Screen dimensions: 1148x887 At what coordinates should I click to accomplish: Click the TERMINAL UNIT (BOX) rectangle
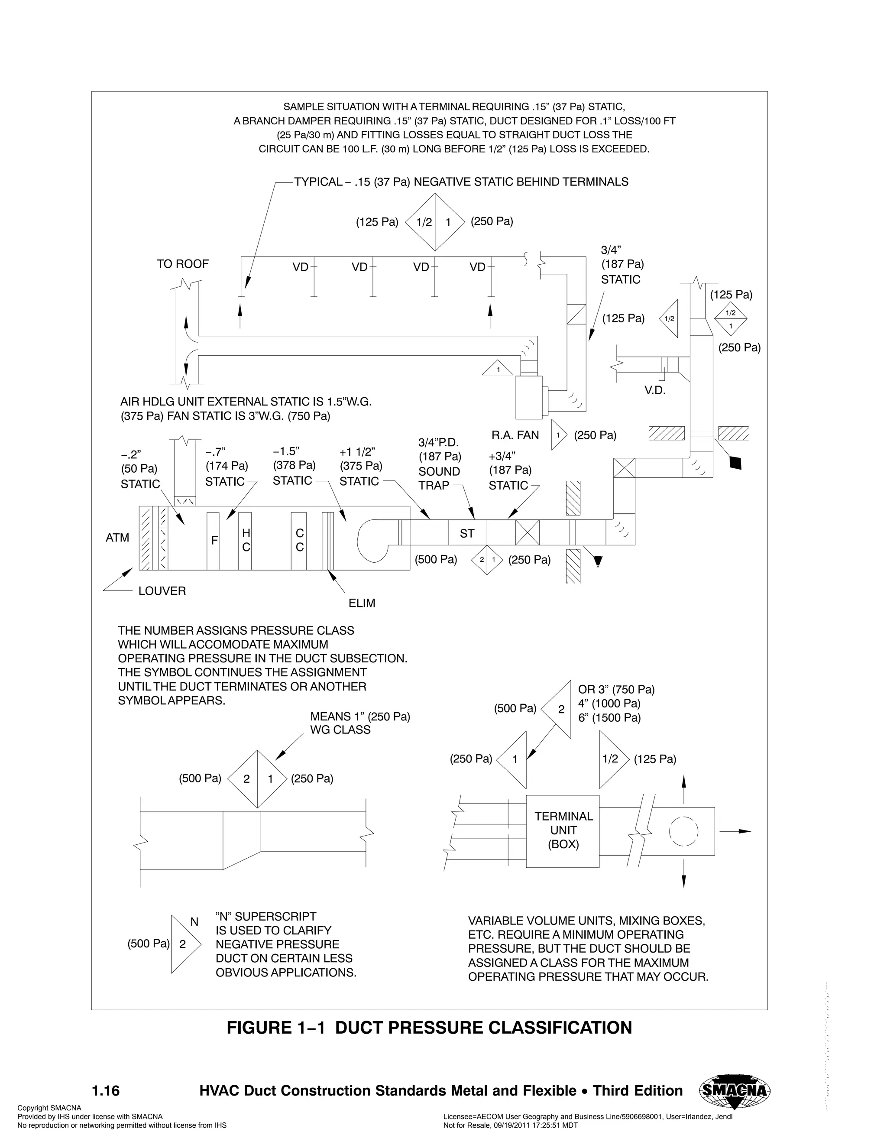[x=563, y=830]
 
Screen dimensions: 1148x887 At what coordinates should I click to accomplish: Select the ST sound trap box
[x=467, y=534]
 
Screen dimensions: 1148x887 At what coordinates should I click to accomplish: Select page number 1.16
[x=106, y=1091]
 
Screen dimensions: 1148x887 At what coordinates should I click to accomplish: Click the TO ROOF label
[x=182, y=264]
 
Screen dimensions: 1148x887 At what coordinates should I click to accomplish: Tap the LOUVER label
[x=162, y=591]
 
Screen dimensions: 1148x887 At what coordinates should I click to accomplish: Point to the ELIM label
[x=362, y=603]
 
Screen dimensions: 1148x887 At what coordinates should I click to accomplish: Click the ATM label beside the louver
[x=117, y=538]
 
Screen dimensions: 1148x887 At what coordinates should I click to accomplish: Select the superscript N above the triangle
[x=194, y=922]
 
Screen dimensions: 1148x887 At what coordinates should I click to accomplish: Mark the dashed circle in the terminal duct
[x=683, y=832]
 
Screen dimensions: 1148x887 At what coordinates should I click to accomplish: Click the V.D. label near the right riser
[x=655, y=391]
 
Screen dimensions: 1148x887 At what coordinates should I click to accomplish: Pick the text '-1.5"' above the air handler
[x=286, y=451]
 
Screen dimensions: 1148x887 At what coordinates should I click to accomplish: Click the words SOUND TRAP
[x=439, y=478]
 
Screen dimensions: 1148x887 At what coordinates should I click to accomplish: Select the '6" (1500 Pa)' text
[x=609, y=717]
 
